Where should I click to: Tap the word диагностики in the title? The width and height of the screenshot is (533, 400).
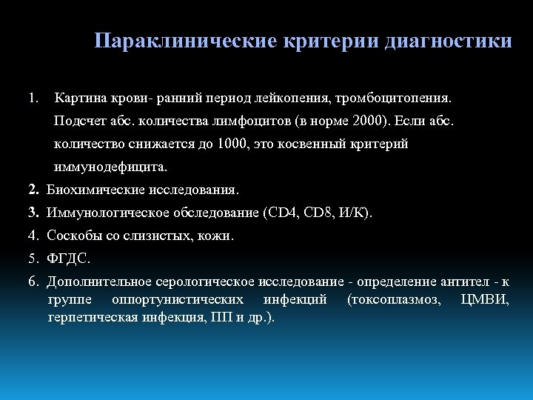pyautogui.click(x=448, y=41)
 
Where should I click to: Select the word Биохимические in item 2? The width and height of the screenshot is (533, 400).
pyautogui.click(x=90, y=190)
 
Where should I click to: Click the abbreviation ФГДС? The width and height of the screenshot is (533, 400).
pyautogui.click(x=68, y=259)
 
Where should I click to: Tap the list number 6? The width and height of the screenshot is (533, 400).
pyautogui.click(x=33, y=282)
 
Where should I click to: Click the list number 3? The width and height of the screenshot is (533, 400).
pyautogui.click(x=33, y=213)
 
